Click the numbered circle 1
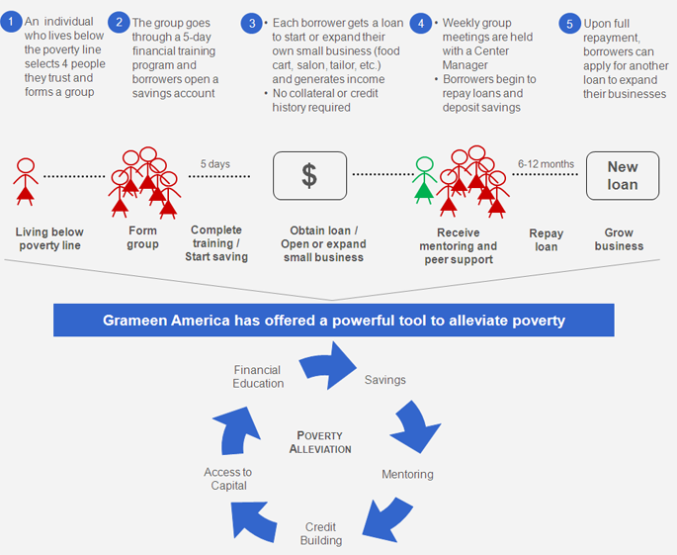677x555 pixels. (12, 21)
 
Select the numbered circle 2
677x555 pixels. (119, 21)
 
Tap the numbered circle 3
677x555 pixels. (254, 22)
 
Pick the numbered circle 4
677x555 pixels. (423, 22)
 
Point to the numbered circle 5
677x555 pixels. (568, 22)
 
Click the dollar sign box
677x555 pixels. (309, 176)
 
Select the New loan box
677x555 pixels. (622, 176)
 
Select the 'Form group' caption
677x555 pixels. (142, 238)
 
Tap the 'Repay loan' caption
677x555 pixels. (546, 240)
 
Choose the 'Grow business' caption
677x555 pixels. (619, 239)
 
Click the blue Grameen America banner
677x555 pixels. (334, 321)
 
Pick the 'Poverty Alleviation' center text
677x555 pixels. (320, 442)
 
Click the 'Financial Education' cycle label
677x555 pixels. (258, 377)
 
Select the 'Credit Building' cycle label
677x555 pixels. (321, 534)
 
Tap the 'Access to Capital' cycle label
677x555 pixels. (228, 479)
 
